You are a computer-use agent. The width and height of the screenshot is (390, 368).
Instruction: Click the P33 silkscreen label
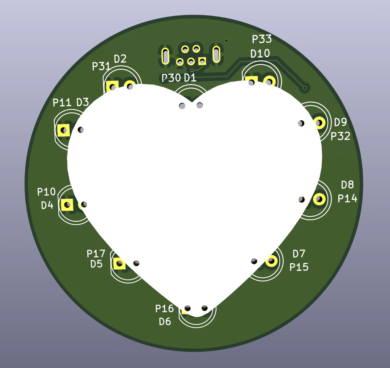(262, 39)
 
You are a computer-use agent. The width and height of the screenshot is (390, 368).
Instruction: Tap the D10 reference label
(260, 53)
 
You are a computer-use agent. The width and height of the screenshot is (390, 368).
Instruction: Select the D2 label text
(120, 59)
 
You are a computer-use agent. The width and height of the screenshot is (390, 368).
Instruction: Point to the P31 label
(101, 66)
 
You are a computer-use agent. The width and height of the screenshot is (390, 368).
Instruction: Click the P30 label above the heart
(171, 78)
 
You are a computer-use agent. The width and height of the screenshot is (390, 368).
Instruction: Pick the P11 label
(62, 102)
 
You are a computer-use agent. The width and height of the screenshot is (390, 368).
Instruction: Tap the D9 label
(340, 122)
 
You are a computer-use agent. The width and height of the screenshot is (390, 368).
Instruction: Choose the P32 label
(340, 136)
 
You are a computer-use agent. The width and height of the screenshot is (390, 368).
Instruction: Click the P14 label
(347, 198)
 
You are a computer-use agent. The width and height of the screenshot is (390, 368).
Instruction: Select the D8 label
(347, 185)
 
